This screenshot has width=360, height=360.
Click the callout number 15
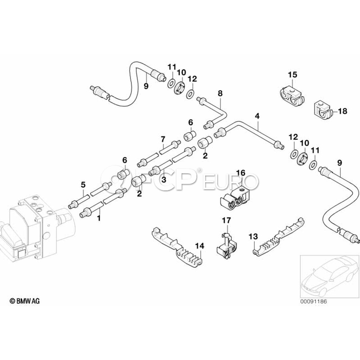293,74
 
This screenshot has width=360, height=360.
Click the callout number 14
199,245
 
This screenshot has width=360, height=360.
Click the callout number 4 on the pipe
257,116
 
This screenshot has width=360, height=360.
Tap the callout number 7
163,139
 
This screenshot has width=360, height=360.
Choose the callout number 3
163,180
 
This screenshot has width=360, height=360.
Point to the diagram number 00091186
314,301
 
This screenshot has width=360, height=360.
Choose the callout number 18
343,111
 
